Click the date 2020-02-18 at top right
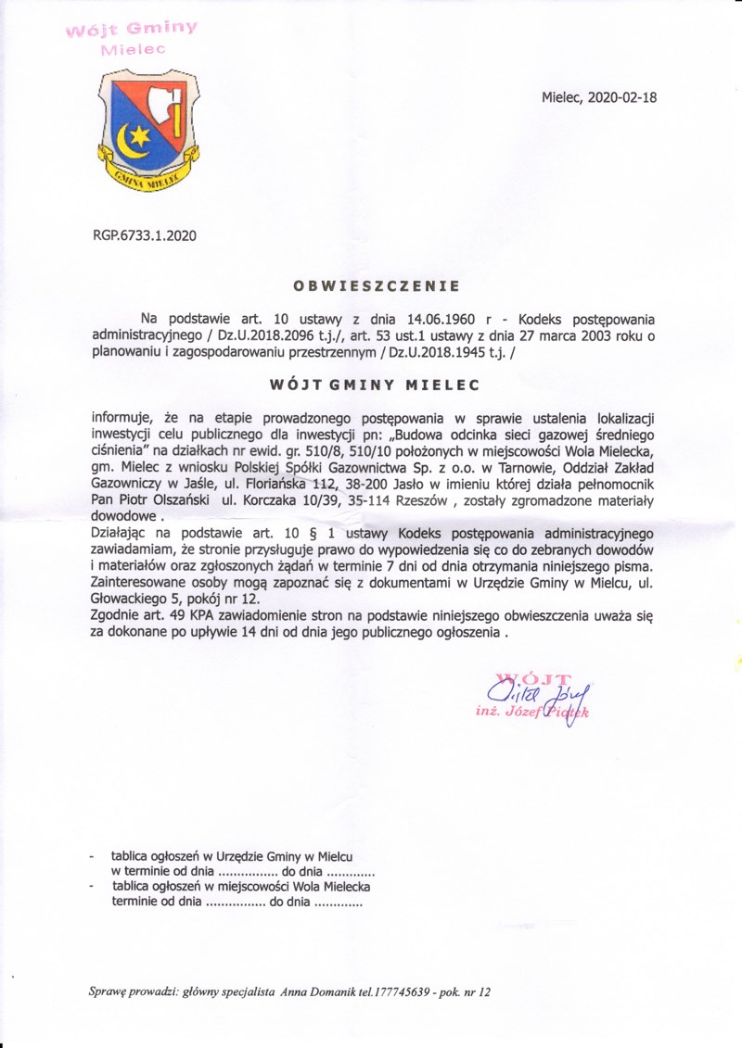624,97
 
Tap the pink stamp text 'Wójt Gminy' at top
131,28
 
